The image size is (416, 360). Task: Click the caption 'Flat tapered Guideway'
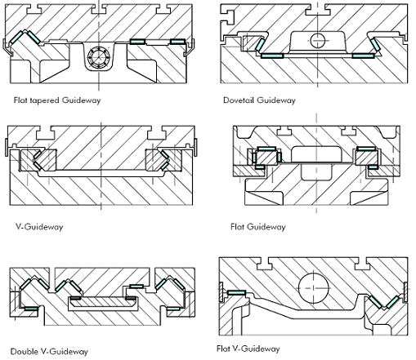tap(57, 100)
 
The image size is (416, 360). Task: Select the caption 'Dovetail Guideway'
tap(259, 100)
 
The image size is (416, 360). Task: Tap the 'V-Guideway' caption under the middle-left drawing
tap(39, 227)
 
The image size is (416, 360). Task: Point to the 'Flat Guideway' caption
tap(258, 227)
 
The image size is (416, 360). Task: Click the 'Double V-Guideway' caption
tap(49, 352)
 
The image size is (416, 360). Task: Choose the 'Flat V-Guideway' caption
tap(248, 349)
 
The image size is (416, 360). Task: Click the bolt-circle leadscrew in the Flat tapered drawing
tap(98, 57)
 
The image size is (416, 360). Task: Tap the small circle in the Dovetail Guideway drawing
tap(318, 40)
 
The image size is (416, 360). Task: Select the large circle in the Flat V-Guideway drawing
tap(313, 288)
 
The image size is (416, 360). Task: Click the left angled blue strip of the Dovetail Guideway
tap(260, 44)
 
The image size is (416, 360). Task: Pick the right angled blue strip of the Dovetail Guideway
tap(376, 45)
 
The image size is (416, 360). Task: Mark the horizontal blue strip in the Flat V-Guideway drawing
tap(236, 293)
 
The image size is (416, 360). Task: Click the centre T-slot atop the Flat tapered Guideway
tap(98, 9)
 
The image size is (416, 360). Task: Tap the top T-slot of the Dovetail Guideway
tap(318, 10)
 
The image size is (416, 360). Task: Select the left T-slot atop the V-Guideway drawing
tap(46, 132)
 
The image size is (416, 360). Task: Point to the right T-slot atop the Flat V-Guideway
tap(360, 264)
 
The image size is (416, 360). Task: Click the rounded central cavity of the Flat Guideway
tap(316, 154)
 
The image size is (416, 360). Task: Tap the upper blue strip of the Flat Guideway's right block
tap(366, 149)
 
